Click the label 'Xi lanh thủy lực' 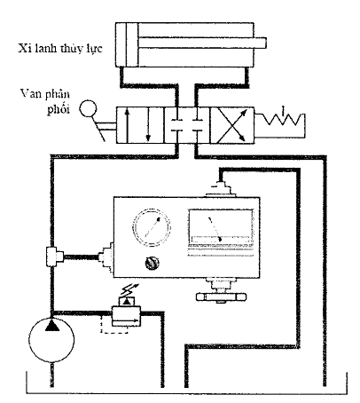(60, 49)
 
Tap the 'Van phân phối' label (46, 101)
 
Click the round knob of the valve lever (88, 108)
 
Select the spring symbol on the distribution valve (282, 118)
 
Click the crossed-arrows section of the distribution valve (232, 125)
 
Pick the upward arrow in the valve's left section (127, 124)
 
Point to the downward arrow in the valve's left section (148, 125)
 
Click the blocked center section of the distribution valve (187, 125)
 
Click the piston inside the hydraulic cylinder (132, 45)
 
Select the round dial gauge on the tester (152, 227)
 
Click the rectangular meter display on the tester (221, 228)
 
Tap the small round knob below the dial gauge (153, 263)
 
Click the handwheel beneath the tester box (221, 296)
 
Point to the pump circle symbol (52, 340)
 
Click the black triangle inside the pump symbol (52, 325)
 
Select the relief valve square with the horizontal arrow (126, 316)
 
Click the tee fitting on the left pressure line (54, 257)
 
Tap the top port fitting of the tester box (221, 189)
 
